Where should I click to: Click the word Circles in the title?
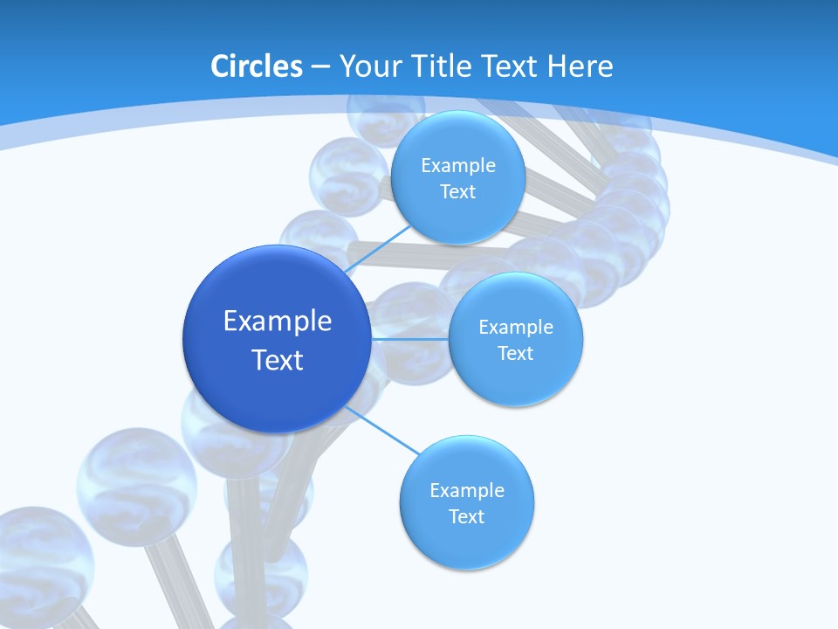(x=256, y=66)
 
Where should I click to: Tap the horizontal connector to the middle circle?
(x=410, y=339)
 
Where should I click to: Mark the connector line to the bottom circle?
(x=382, y=432)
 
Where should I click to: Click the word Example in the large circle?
(x=278, y=321)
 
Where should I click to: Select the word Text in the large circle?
(x=278, y=360)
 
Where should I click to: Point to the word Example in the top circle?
(x=457, y=166)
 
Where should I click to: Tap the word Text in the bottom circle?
(x=466, y=516)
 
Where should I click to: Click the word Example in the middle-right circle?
(x=515, y=328)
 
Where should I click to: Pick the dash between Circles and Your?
(x=319, y=66)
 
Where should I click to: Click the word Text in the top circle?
(x=457, y=192)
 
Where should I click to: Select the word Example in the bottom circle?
(x=466, y=490)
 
